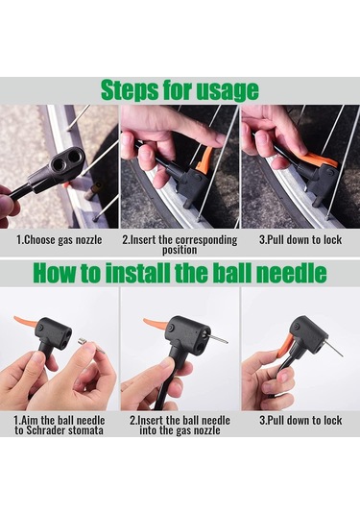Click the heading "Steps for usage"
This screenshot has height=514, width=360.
[x=180, y=89]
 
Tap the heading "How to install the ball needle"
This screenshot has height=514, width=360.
[x=180, y=273]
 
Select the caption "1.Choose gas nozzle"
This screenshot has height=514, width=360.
[x=60, y=240]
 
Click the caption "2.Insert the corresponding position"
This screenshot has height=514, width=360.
[x=180, y=245]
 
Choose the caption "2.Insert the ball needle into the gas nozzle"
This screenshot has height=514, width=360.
[x=180, y=426]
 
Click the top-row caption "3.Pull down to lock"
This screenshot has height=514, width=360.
[x=300, y=239]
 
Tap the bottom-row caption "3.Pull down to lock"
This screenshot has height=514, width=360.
[x=300, y=420]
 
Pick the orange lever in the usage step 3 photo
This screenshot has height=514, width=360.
[x=320, y=159]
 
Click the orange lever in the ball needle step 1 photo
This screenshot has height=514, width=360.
[x=28, y=323]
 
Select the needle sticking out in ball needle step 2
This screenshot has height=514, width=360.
[x=216, y=339]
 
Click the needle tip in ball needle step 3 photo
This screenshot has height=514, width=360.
[x=343, y=356]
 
